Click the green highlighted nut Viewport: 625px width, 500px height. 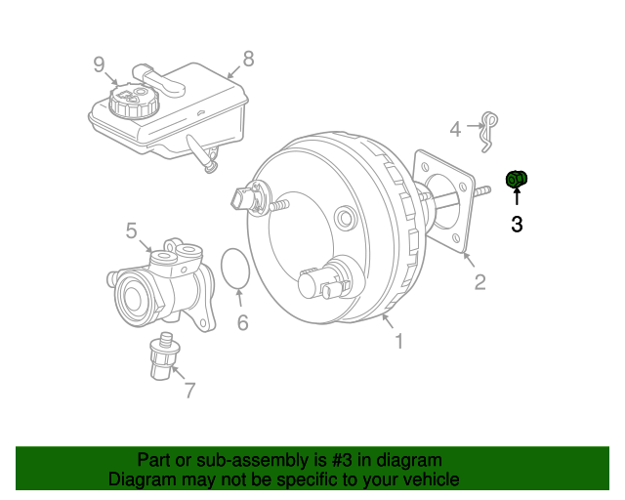(517, 179)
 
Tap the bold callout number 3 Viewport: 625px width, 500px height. (517, 225)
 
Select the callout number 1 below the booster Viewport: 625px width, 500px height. (399, 341)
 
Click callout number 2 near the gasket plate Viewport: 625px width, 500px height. (480, 282)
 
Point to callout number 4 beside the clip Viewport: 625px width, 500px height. (455, 129)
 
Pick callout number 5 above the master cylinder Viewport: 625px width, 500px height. (131, 230)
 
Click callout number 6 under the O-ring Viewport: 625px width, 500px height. (243, 322)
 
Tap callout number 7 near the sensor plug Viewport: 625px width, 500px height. (189, 391)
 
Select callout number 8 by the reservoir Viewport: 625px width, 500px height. (248, 59)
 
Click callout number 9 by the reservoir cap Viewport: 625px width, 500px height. (99, 64)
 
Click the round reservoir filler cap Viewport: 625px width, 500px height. (134, 102)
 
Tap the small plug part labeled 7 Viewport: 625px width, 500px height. (163, 355)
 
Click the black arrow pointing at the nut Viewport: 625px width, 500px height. (517, 195)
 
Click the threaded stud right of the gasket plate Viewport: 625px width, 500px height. (482, 191)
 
